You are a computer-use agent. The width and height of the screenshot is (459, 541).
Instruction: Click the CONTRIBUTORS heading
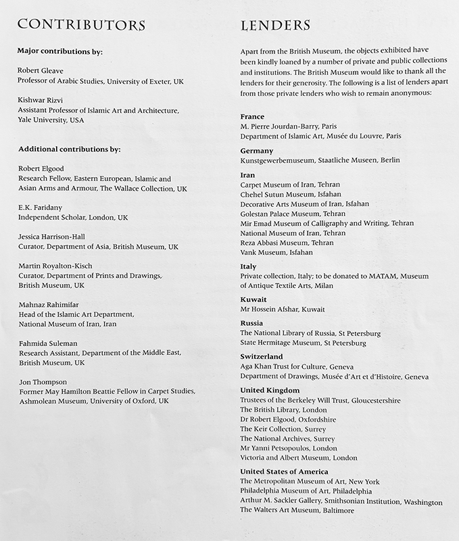pos(82,25)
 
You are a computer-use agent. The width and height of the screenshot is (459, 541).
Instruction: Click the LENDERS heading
pos(276,25)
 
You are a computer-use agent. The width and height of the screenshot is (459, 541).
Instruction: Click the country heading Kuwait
pos(253,298)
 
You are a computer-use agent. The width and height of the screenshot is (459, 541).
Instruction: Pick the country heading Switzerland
pos(262,356)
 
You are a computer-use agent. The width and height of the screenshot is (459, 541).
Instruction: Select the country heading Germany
pos(257,150)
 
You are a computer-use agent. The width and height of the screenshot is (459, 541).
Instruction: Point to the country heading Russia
pos(252,323)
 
